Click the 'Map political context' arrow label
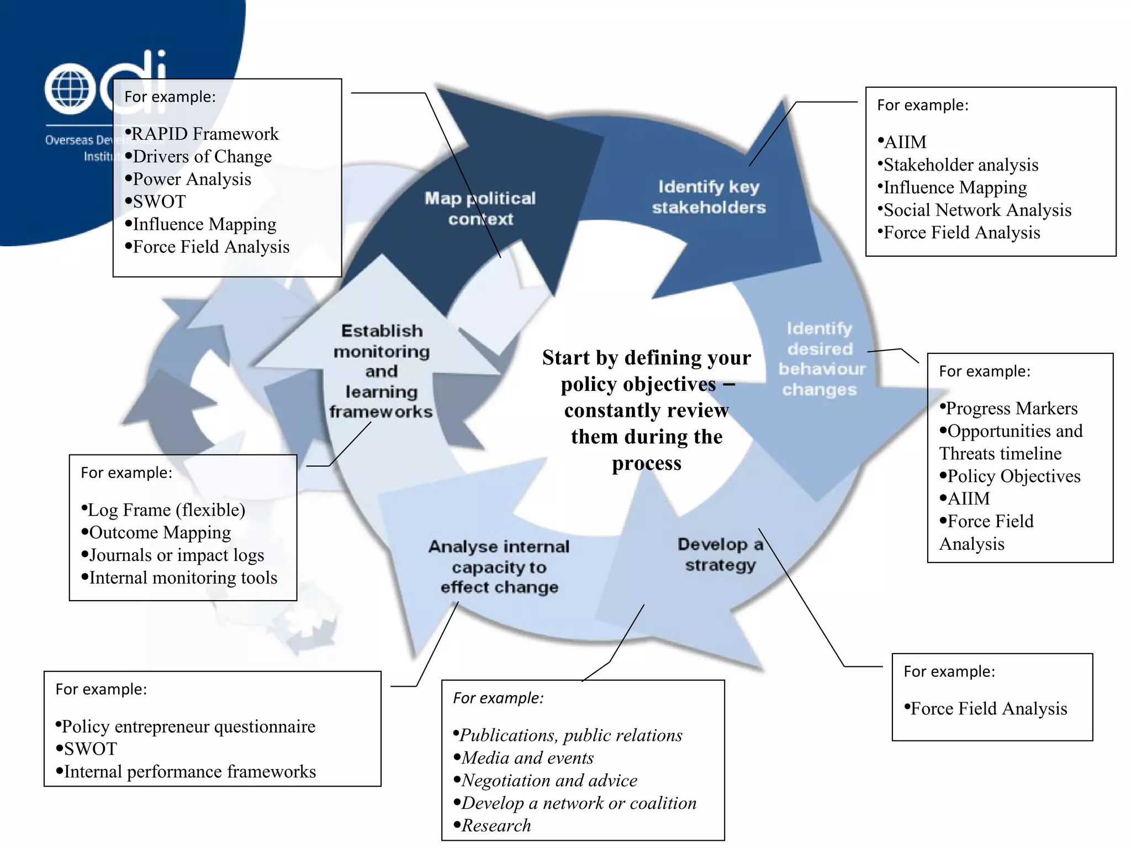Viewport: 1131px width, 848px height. click(x=480, y=209)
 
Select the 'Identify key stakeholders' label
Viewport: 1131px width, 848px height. click(x=709, y=197)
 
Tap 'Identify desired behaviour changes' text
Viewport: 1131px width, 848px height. click(x=821, y=359)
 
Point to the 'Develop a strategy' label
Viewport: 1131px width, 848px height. click(x=720, y=554)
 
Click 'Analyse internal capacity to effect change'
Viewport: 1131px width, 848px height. click(x=499, y=567)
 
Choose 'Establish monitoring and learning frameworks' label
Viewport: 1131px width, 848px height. click(x=381, y=371)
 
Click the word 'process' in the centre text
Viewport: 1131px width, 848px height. click(x=646, y=463)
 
